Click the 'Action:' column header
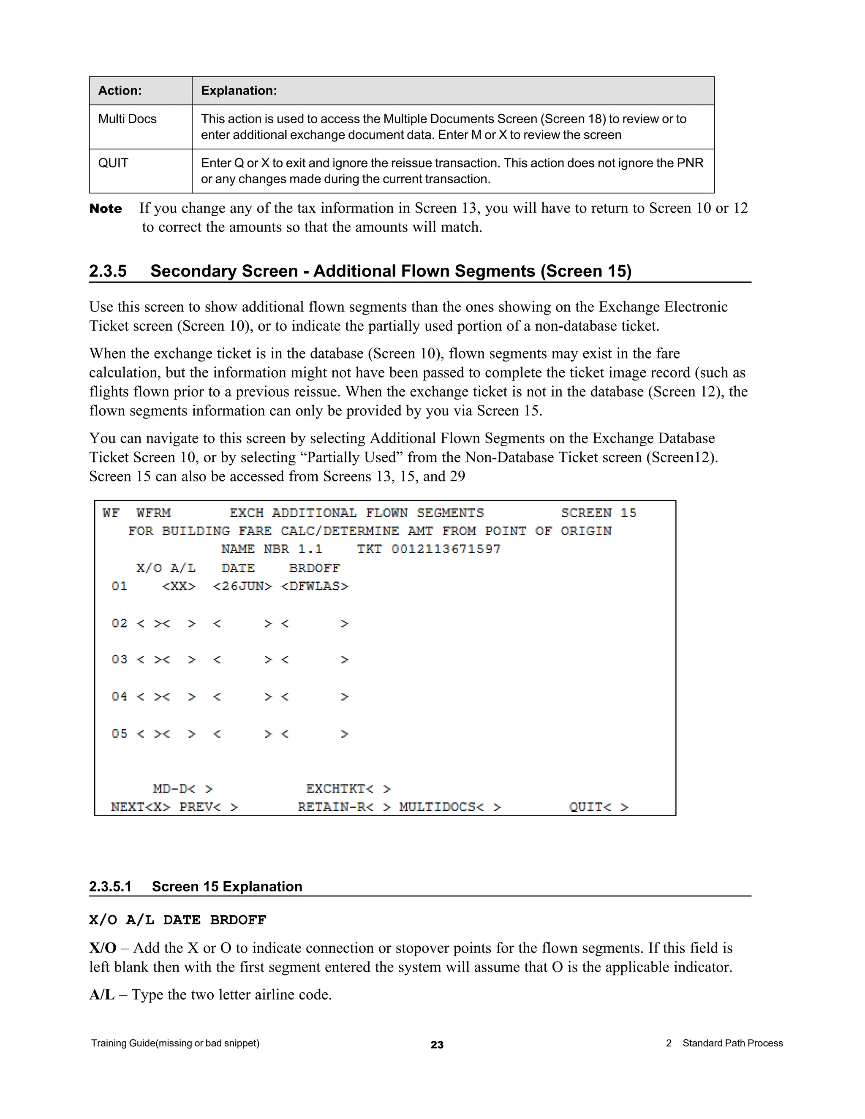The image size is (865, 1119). pos(120,91)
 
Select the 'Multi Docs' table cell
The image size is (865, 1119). pos(127,119)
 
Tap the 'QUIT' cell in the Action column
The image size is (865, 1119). pos(113,163)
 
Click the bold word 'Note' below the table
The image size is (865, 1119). pos(106,209)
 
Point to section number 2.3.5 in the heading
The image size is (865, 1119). pos(108,271)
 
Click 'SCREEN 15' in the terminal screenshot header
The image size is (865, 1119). pos(598,513)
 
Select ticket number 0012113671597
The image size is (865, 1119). pos(446,549)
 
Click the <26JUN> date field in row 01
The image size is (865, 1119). pos(242,586)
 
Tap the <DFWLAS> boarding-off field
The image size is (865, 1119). pos(315,586)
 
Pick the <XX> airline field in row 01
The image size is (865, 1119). pos(179,586)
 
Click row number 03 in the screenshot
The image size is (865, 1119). pos(120,660)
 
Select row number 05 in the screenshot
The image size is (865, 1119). pos(120,734)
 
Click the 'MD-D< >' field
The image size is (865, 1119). pos(182,788)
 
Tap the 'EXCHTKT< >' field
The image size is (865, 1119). pos(348,788)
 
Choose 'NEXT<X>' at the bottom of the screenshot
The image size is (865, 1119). pos(140,807)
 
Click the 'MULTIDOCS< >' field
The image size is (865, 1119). pos(450,807)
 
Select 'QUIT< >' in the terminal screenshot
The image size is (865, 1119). pos(598,807)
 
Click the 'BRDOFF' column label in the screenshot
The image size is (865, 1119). pos(314,568)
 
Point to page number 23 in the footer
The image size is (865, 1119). pos(437,1045)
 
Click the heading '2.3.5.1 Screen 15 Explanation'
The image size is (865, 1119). pos(195,886)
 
